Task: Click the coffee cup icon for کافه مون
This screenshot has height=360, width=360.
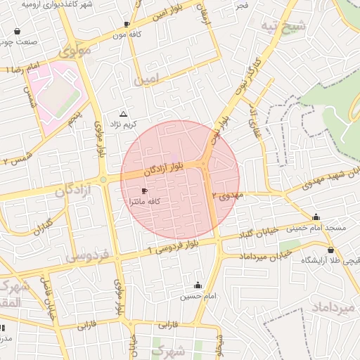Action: (x=127, y=23)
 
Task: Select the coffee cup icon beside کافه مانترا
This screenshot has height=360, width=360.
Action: (x=144, y=191)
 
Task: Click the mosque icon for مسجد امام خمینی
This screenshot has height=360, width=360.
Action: (x=316, y=217)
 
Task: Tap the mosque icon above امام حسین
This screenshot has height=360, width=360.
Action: (x=198, y=285)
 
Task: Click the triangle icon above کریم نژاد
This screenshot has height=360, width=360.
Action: (x=124, y=113)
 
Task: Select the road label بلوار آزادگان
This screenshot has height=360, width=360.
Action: (x=164, y=168)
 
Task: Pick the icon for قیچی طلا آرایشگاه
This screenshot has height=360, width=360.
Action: (x=331, y=249)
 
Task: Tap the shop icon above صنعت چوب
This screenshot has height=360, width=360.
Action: (x=16, y=32)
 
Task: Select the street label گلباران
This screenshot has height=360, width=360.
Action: (x=42, y=226)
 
